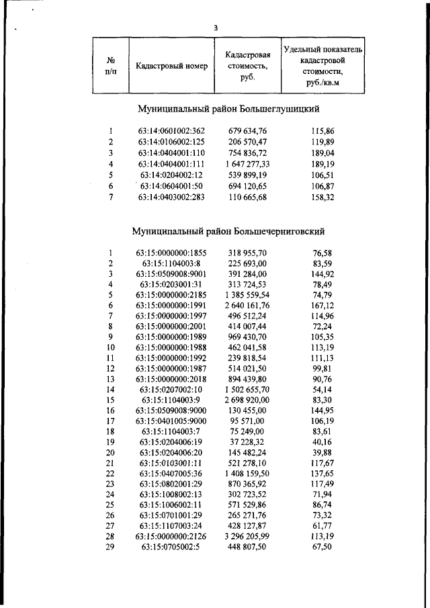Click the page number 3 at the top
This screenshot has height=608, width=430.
coord(215,28)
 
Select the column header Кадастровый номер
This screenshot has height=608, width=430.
coord(171,66)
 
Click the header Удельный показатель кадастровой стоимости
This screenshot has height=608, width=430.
coord(323,65)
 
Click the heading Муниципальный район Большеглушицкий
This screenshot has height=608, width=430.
coord(228,108)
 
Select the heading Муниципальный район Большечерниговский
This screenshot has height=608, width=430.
coord(229,231)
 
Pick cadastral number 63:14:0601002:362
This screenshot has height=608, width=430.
coord(171,131)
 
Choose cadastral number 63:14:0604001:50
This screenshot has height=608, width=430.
coord(171,186)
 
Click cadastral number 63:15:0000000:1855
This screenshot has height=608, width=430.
coord(171,253)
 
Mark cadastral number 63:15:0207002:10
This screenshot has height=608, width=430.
coord(171,390)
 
